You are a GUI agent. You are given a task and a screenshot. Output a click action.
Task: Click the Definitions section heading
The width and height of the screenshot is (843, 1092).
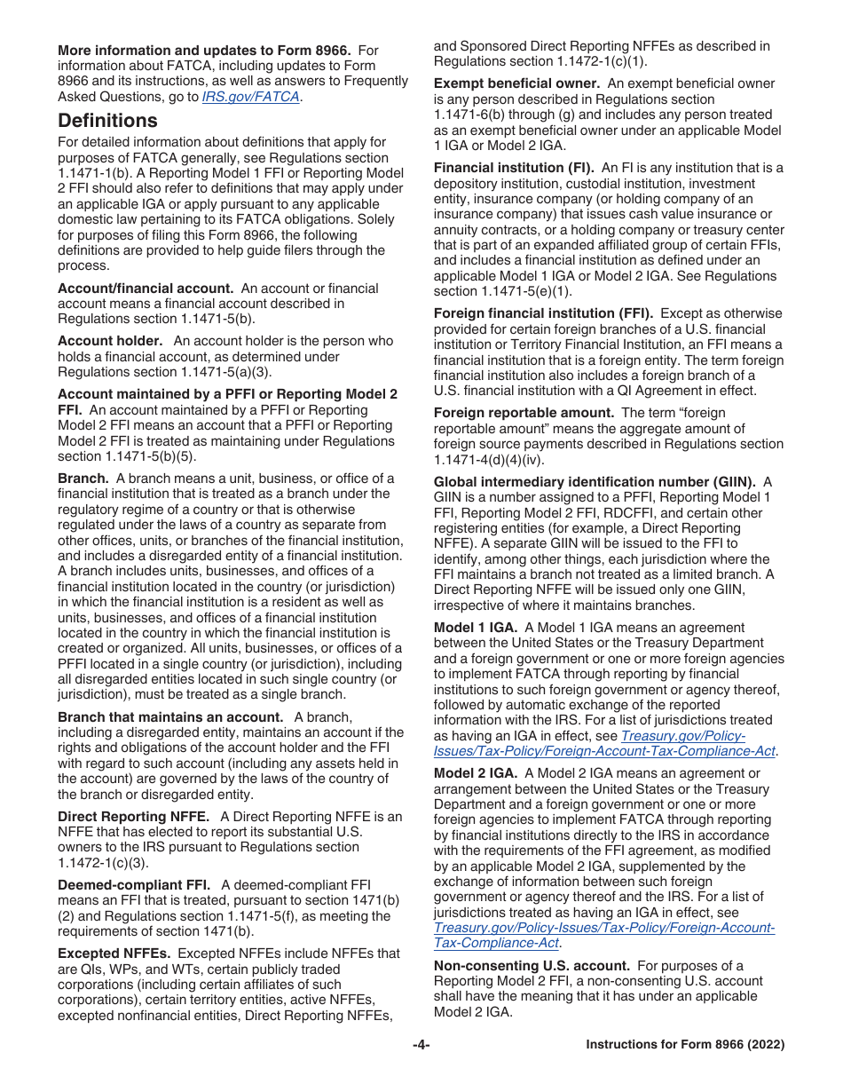pyautogui.click(x=107, y=121)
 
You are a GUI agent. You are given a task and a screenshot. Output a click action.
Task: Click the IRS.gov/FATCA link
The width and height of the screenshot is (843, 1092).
pyautogui.click(x=250, y=97)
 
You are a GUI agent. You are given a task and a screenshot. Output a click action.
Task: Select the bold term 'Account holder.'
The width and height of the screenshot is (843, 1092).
pyautogui.click(x=110, y=341)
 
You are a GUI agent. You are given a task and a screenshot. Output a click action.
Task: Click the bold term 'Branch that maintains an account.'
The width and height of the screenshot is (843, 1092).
pyautogui.click(x=170, y=717)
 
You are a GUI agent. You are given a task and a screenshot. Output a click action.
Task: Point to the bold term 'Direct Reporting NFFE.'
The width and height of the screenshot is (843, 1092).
pyautogui.click(x=133, y=816)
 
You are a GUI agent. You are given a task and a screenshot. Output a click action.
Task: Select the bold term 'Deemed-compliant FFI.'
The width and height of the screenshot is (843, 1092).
pyautogui.click(x=134, y=885)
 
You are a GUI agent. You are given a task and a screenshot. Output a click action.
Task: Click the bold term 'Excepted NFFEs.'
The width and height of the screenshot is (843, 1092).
pyautogui.click(x=114, y=954)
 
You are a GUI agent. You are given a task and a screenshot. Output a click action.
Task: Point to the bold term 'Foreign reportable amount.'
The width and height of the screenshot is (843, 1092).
pyautogui.click(x=524, y=413)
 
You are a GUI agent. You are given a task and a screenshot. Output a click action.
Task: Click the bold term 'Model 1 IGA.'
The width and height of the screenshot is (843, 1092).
pyautogui.click(x=475, y=627)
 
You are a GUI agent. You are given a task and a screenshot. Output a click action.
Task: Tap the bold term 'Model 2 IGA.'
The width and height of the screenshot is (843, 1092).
pyautogui.click(x=475, y=773)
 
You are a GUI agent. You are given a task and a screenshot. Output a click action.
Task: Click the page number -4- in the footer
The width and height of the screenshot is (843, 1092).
pyautogui.click(x=421, y=1045)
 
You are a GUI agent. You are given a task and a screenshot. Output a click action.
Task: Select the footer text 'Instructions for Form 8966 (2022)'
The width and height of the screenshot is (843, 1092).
pyautogui.click(x=685, y=1045)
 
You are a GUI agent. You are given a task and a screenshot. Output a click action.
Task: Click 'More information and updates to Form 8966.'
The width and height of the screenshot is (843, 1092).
pyautogui.click(x=204, y=51)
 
